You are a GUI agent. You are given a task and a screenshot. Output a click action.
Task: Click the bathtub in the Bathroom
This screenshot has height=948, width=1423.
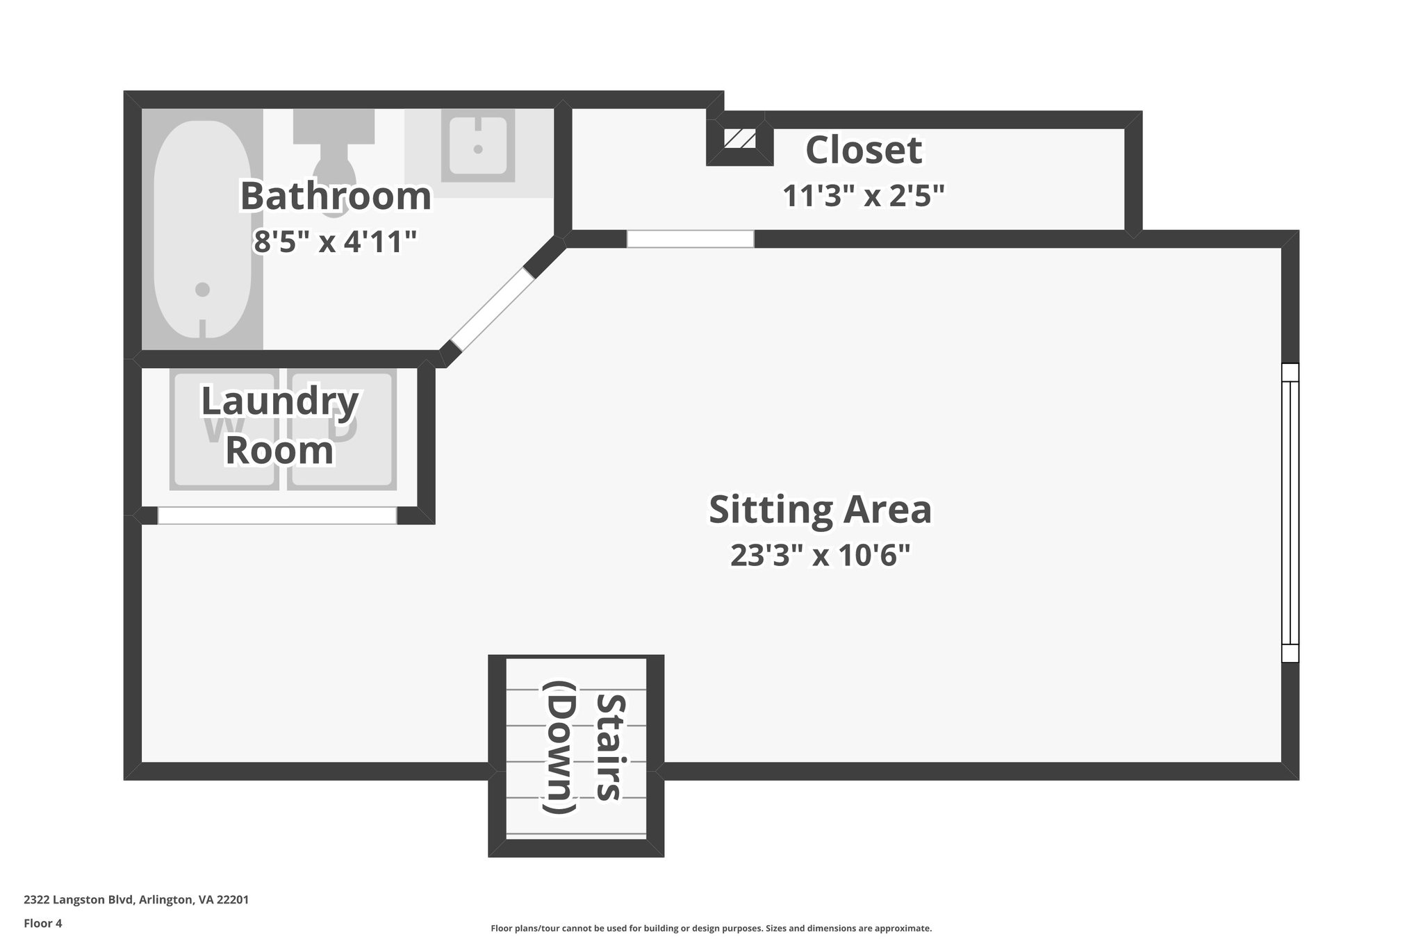pyautogui.click(x=202, y=229)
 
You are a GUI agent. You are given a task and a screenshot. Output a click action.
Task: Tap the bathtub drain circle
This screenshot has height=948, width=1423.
pyautogui.click(x=202, y=289)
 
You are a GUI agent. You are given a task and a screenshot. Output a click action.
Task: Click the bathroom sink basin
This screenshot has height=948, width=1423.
pyautogui.click(x=478, y=147)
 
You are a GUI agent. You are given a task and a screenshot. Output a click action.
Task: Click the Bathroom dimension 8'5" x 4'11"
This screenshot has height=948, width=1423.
pyautogui.click(x=336, y=242)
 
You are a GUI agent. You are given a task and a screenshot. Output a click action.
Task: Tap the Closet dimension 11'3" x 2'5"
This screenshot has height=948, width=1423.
pyautogui.click(x=864, y=196)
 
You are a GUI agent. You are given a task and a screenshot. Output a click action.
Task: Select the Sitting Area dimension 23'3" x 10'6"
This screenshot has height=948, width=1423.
pyautogui.click(x=820, y=555)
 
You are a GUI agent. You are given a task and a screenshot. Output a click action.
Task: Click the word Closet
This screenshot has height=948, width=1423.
pyautogui.click(x=864, y=150)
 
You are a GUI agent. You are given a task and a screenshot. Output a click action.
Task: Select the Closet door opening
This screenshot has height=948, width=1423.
pyautogui.click(x=690, y=239)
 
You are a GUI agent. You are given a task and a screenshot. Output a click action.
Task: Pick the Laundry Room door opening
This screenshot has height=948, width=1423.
pyautogui.click(x=277, y=515)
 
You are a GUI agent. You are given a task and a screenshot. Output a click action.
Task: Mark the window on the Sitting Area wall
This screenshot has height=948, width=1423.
pyautogui.click(x=1290, y=513)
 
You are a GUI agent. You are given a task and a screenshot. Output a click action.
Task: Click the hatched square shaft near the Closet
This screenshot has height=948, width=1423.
pyautogui.click(x=739, y=139)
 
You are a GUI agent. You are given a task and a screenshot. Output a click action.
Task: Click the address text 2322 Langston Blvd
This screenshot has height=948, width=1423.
pyautogui.click(x=136, y=900)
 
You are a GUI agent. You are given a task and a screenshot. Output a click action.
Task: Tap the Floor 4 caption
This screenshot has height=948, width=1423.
pyautogui.click(x=43, y=924)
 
